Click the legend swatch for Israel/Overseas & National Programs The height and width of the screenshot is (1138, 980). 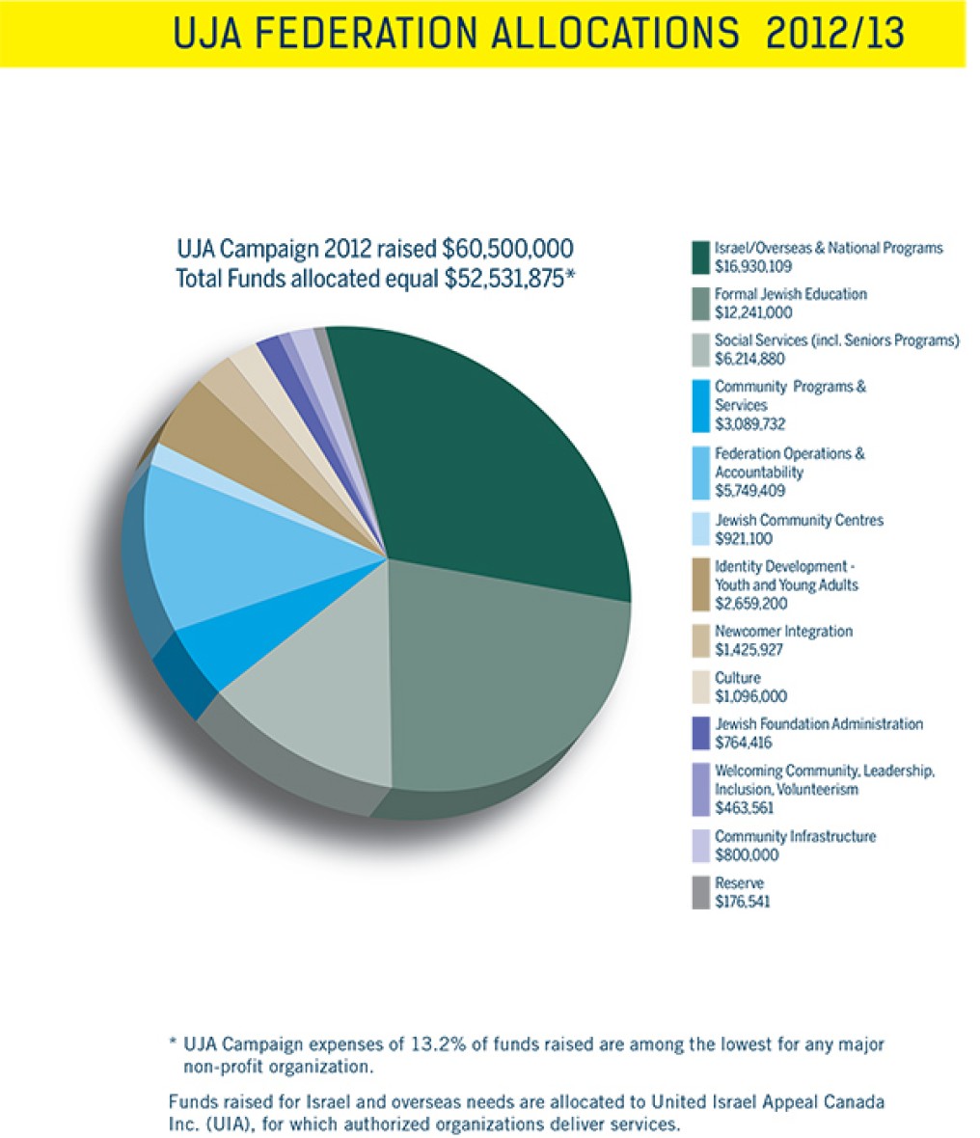point(700,257)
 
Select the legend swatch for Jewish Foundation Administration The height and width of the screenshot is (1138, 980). point(700,734)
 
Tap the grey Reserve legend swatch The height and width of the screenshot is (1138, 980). point(700,893)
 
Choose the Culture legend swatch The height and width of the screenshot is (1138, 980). point(700,688)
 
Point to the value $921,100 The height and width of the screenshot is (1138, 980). point(744,539)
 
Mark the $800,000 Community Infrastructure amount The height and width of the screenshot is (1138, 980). point(744,855)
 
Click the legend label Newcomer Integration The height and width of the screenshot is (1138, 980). point(783,632)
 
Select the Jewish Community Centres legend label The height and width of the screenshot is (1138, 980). point(799,521)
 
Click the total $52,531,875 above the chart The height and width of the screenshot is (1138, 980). point(505,279)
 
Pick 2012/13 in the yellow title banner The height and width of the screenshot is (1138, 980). point(835,33)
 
